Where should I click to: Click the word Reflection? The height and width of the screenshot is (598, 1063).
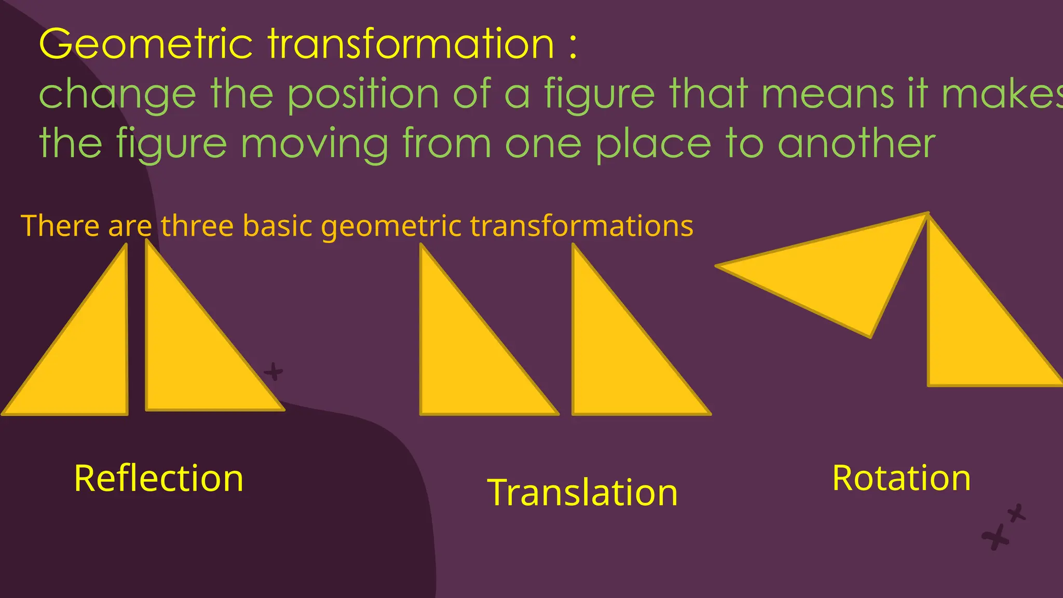point(159,478)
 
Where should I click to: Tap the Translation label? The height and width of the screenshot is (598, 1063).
point(582,492)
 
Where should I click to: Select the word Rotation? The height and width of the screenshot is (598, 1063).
point(902,478)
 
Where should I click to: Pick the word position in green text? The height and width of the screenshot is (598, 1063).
point(363,94)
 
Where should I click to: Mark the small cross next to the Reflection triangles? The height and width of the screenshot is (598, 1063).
point(274,372)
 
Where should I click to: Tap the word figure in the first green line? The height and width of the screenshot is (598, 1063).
point(599,94)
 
